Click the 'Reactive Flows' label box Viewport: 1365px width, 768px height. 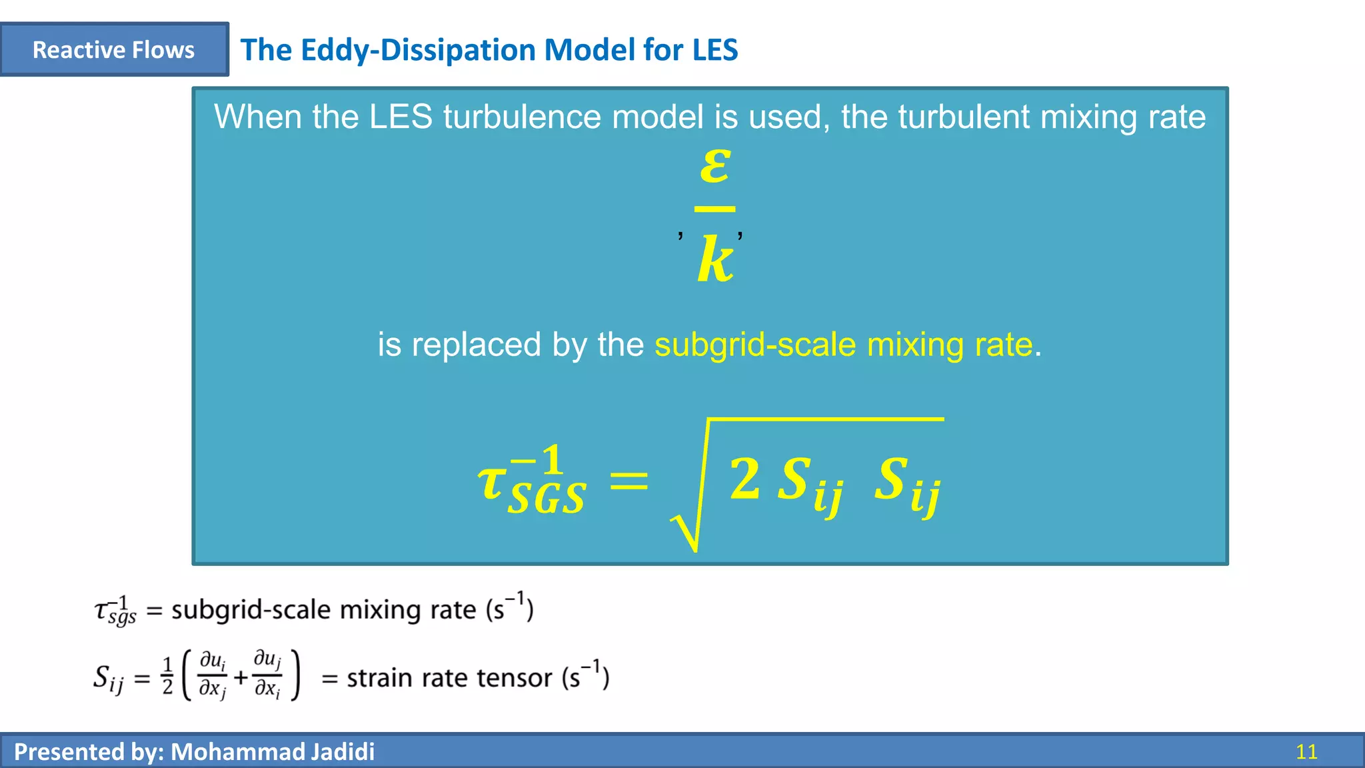click(114, 49)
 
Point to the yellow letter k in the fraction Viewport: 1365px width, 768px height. click(715, 260)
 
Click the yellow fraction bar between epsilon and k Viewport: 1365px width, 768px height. click(714, 209)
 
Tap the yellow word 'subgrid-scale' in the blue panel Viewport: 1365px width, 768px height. click(755, 345)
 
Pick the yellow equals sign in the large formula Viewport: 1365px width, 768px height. click(629, 480)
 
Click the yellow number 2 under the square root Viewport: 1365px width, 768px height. click(744, 479)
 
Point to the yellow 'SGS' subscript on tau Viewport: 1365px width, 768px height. click(547, 497)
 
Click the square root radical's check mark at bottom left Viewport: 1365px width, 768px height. click(685, 533)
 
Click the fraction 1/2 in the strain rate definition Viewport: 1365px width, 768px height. click(167, 676)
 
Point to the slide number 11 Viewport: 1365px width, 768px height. click(1306, 752)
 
